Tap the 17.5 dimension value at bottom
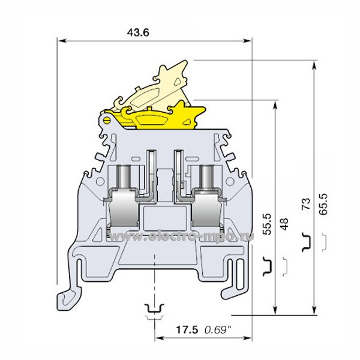click(x=187, y=329)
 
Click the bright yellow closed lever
click(x=157, y=117)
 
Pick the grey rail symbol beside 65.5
click(x=323, y=241)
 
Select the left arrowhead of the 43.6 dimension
click(x=61, y=41)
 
